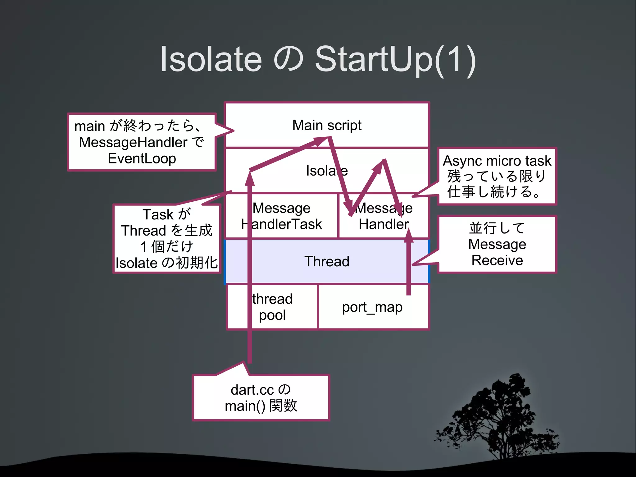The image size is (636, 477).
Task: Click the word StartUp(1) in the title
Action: pos(395,59)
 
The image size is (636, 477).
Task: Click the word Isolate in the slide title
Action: pos(211,59)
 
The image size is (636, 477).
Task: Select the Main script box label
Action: pos(327,125)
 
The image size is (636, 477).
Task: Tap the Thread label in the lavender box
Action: pos(327,261)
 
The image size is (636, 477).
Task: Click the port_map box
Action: pos(372,307)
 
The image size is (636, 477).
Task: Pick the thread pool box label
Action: pos(272,307)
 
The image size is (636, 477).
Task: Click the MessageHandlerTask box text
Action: pos(281,216)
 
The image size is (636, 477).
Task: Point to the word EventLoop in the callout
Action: pos(142,158)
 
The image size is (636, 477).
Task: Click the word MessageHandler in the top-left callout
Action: pos(133,142)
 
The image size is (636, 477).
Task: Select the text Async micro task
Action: pos(497,161)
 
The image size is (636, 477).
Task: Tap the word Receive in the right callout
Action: pos(497,260)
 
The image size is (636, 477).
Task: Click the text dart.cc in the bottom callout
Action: pos(252,390)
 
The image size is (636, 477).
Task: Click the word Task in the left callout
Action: pos(158,214)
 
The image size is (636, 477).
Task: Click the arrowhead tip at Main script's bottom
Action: pos(323,140)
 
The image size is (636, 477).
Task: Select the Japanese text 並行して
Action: pos(497,228)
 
